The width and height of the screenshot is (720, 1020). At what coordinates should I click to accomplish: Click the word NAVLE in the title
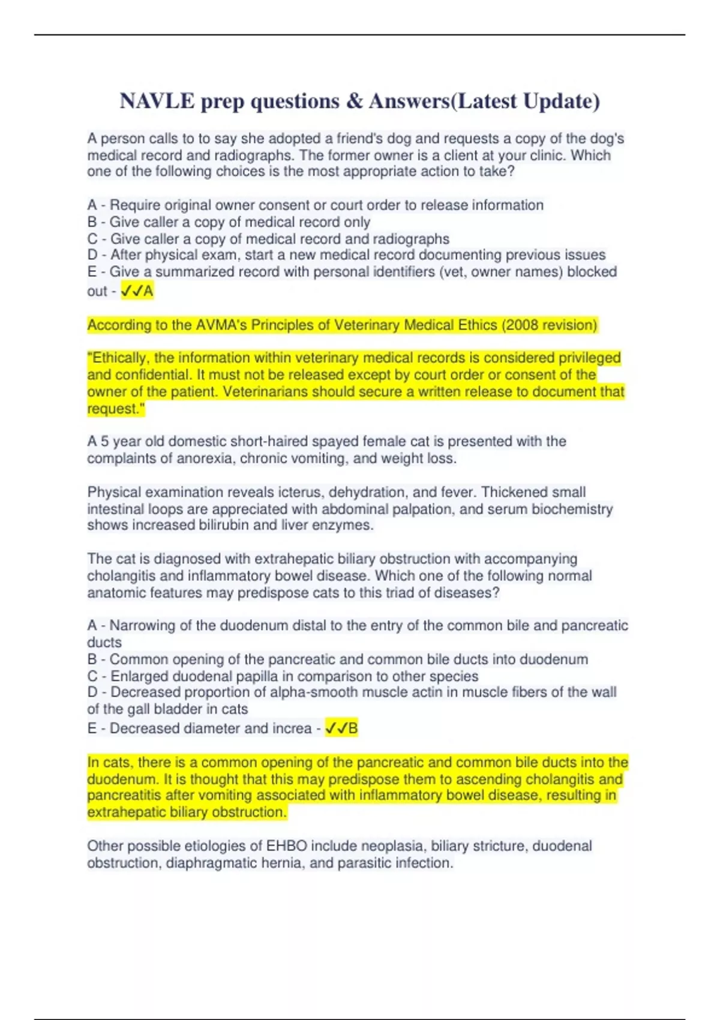(x=157, y=101)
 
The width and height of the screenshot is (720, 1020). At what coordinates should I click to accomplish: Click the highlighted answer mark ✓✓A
(x=137, y=291)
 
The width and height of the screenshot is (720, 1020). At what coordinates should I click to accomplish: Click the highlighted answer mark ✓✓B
(x=341, y=728)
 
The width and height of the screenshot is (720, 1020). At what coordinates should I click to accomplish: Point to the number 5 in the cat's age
(x=104, y=442)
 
